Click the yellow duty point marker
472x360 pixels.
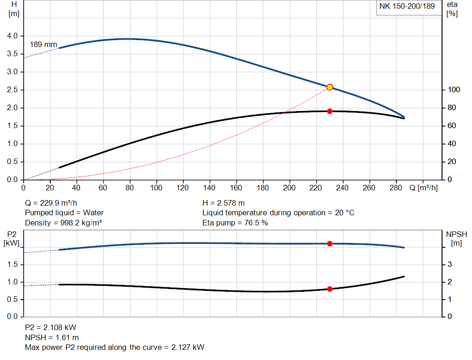pyautogui.click(x=330, y=87)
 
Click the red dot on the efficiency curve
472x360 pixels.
pyautogui.click(x=330, y=111)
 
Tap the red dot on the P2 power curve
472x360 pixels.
pyautogui.click(x=330, y=243)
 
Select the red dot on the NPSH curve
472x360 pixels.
pyautogui.click(x=330, y=289)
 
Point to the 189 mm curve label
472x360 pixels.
pyautogui.click(x=43, y=45)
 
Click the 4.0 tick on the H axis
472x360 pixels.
pyautogui.click(x=12, y=36)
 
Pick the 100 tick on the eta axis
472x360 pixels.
pyautogui.click(x=454, y=90)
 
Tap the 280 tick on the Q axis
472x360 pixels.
pyautogui.click(x=396, y=188)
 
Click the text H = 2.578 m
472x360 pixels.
pyautogui.click(x=224, y=203)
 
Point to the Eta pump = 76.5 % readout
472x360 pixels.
pyautogui.click(x=235, y=223)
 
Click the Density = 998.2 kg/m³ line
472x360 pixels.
pyautogui.click(x=63, y=223)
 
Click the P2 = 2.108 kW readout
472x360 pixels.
pyautogui.click(x=50, y=328)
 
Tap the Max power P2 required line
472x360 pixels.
pyautogui.click(x=114, y=347)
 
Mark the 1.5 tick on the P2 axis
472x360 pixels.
pyautogui.click(x=12, y=265)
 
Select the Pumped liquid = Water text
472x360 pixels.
pyautogui.click(x=64, y=213)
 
